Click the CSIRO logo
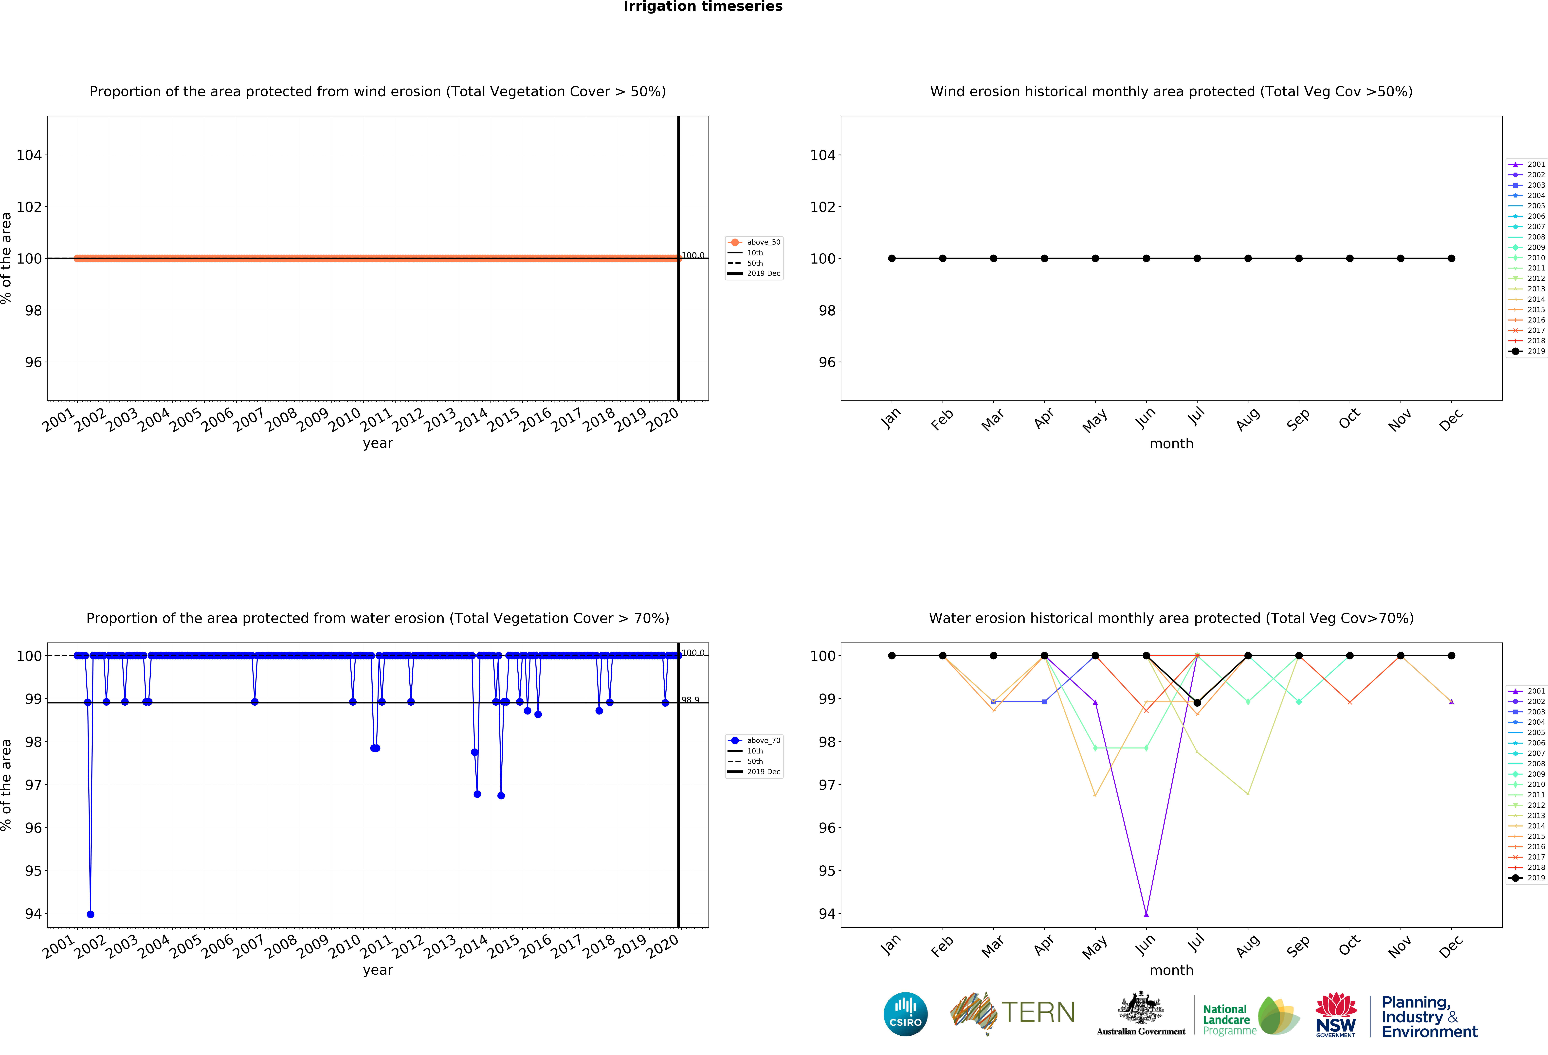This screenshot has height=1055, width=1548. [x=905, y=1014]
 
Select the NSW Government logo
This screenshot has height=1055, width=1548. [x=1335, y=1014]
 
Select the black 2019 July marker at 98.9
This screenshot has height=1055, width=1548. [x=1197, y=703]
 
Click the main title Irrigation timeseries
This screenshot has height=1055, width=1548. [x=703, y=7]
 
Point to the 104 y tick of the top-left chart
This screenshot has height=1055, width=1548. [x=29, y=155]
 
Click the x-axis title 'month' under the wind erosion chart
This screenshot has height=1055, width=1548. [x=1171, y=444]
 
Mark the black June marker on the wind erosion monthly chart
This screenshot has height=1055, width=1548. [x=1146, y=258]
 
